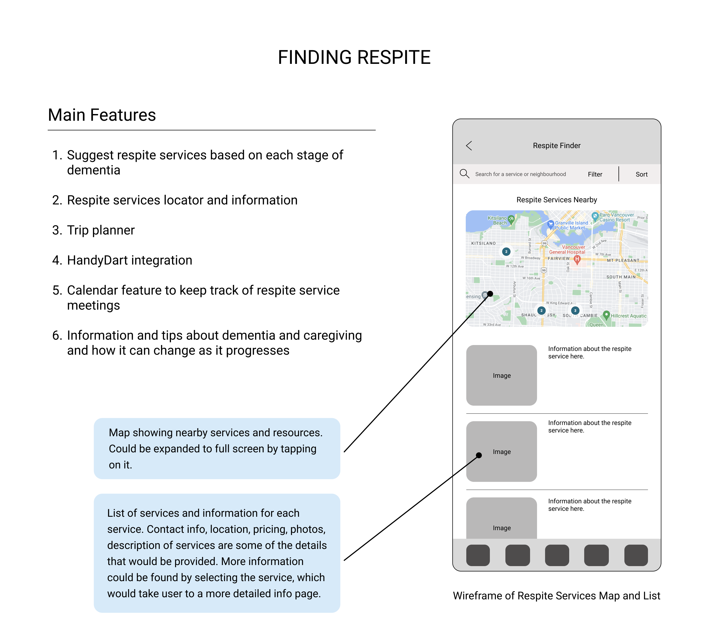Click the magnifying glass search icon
click(x=464, y=174)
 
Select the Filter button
click(x=595, y=174)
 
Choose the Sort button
click(x=642, y=174)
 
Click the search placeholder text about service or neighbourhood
click(x=520, y=174)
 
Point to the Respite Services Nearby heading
click(x=556, y=200)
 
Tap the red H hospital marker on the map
click(x=577, y=259)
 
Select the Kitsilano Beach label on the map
click(x=497, y=220)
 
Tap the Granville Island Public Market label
click(x=571, y=225)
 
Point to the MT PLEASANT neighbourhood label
click(x=623, y=261)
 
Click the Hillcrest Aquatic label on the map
click(x=628, y=316)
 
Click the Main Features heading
click(x=102, y=115)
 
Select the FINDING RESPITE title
click(x=354, y=57)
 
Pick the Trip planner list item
click(x=100, y=230)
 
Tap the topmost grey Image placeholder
click(x=501, y=375)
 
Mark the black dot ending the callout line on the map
click(x=490, y=294)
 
